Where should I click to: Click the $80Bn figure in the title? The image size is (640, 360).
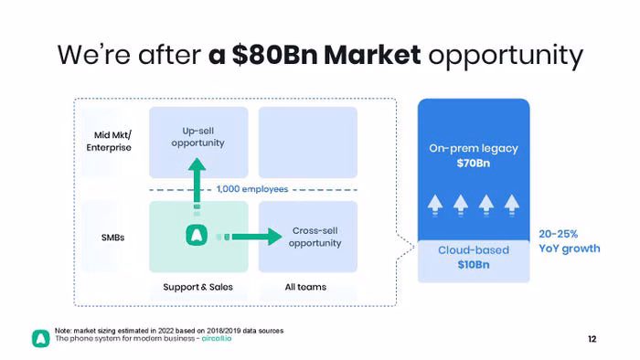point(274,55)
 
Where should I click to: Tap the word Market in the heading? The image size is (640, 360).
point(372,55)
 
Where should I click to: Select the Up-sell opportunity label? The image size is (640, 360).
point(198,137)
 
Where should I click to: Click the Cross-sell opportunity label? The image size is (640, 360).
point(315,237)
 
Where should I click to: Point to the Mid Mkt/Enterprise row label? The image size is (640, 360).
point(109,141)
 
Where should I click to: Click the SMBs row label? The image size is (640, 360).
point(112,238)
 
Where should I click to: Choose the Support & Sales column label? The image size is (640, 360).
point(198,287)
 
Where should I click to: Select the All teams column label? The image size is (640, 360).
point(305,287)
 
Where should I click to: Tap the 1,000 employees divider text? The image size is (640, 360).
point(252,189)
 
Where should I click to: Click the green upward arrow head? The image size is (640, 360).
point(197,164)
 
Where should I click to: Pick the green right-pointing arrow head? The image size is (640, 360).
point(274,237)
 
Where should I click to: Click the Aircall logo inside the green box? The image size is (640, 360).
point(197,235)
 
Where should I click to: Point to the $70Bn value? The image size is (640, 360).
point(474,164)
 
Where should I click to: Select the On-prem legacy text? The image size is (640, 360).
point(474,148)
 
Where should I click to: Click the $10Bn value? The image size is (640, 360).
point(474,265)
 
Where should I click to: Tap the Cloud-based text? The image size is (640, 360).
point(474,250)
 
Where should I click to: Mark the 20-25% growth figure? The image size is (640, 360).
point(559,234)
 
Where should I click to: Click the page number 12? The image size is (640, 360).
point(592,339)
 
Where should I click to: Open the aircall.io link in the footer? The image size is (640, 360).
point(217,338)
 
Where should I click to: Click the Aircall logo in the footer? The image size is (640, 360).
point(41,338)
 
